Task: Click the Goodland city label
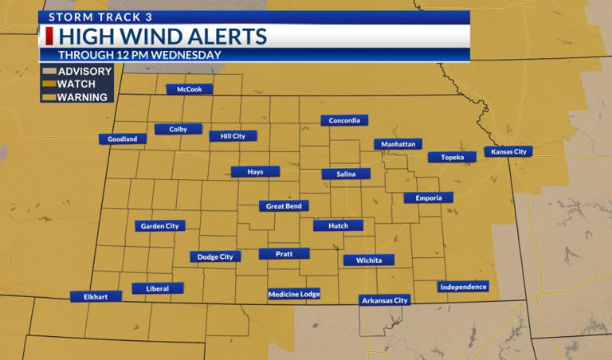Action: (x=123, y=139)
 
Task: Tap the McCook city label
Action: (x=190, y=89)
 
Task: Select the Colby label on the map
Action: (x=178, y=129)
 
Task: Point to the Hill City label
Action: (x=233, y=136)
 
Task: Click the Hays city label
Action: (x=255, y=171)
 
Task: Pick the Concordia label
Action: (x=345, y=121)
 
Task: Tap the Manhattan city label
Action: (x=398, y=144)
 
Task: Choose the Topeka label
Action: (x=452, y=157)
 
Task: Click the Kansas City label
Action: (x=508, y=151)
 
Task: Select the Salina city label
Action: (x=346, y=174)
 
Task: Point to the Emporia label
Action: (x=428, y=198)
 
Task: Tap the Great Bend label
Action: (x=284, y=206)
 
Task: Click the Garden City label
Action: (x=159, y=226)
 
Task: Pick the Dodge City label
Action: (x=215, y=256)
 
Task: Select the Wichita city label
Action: (x=369, y=260)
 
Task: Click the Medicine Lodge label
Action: (x=294, y=294)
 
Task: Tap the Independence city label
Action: (x=463, y=287)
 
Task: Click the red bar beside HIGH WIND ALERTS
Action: (x=50, y=37)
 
